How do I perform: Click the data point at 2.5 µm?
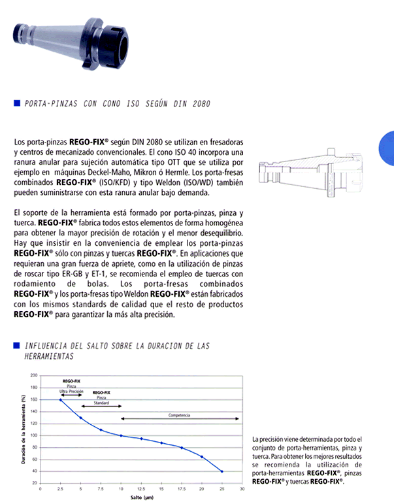click(x=61, y=399)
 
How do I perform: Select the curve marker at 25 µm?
click(x=222, y=471)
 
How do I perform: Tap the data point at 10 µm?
click(x=121, y=435)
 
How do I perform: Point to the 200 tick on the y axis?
click(x=34, y=375)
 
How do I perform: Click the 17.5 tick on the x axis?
click(x=182, y=488)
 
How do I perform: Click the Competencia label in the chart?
click(x=180, y=415)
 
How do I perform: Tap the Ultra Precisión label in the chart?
click(x=71, y=391)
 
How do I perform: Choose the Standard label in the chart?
click(x=101, y=403)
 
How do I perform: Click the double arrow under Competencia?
click(x=180, y=419)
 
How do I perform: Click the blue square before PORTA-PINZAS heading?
click(x=16, y=103)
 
